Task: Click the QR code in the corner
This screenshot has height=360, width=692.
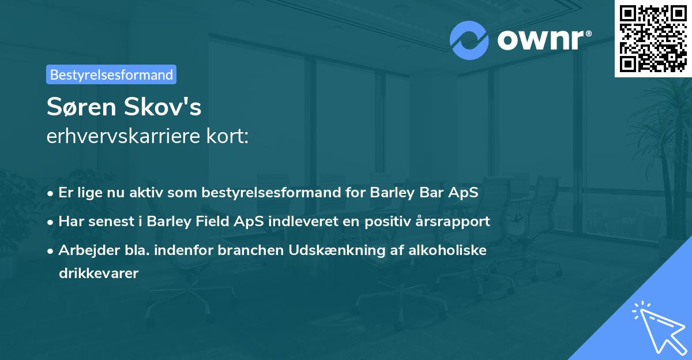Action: [653, 38]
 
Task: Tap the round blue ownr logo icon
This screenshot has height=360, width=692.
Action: [469, 40]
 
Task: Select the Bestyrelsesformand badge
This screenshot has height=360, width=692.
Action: [111, 74]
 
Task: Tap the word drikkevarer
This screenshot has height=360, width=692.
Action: [99, 273]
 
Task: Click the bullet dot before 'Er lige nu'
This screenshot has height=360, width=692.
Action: [51, 193]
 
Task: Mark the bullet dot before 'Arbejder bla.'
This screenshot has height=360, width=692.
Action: [51, 251]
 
